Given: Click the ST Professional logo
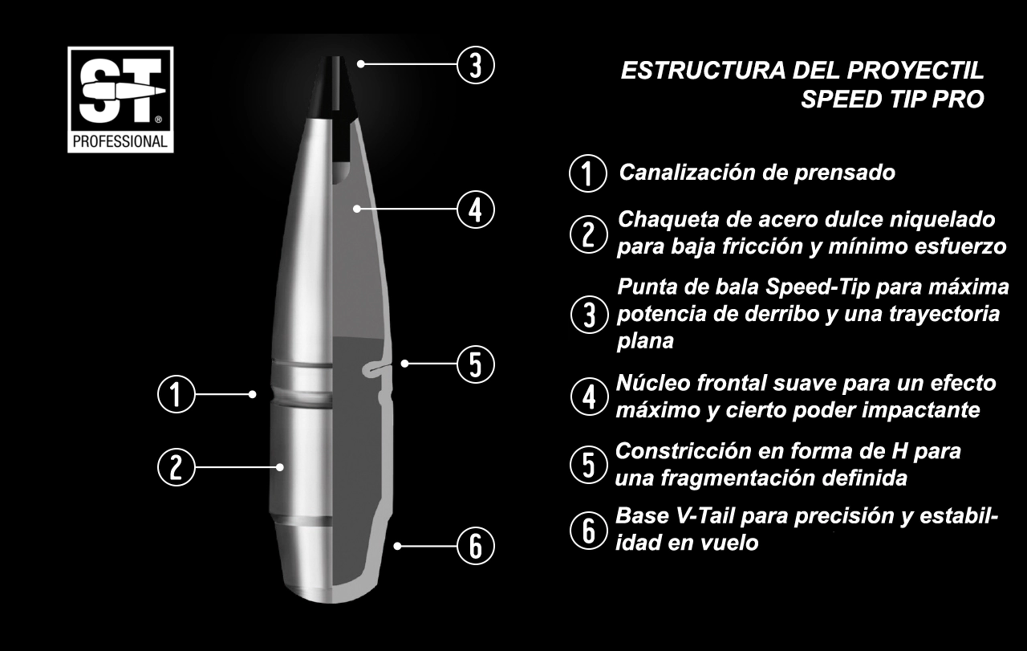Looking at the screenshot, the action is pos(120,100).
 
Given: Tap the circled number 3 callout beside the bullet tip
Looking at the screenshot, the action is pos(476,65).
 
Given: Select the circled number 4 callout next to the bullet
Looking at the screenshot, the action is pos(476,210).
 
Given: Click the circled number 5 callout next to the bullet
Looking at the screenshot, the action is pos(476,364).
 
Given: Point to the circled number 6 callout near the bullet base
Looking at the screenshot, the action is pos(476,546).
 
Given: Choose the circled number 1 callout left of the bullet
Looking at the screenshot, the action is pos(177,394).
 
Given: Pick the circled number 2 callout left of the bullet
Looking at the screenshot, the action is pos(177,467).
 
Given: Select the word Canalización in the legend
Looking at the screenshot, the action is pos(688,173).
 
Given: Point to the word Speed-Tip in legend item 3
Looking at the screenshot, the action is pos(818,287).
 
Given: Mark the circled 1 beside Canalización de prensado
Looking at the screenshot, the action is pos(588,173).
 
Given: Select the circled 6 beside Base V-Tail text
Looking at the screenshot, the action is pos(589,531).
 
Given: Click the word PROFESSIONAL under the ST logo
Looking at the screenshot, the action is pos(120,142).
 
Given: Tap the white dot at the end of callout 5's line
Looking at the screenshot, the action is pos(404,364).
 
